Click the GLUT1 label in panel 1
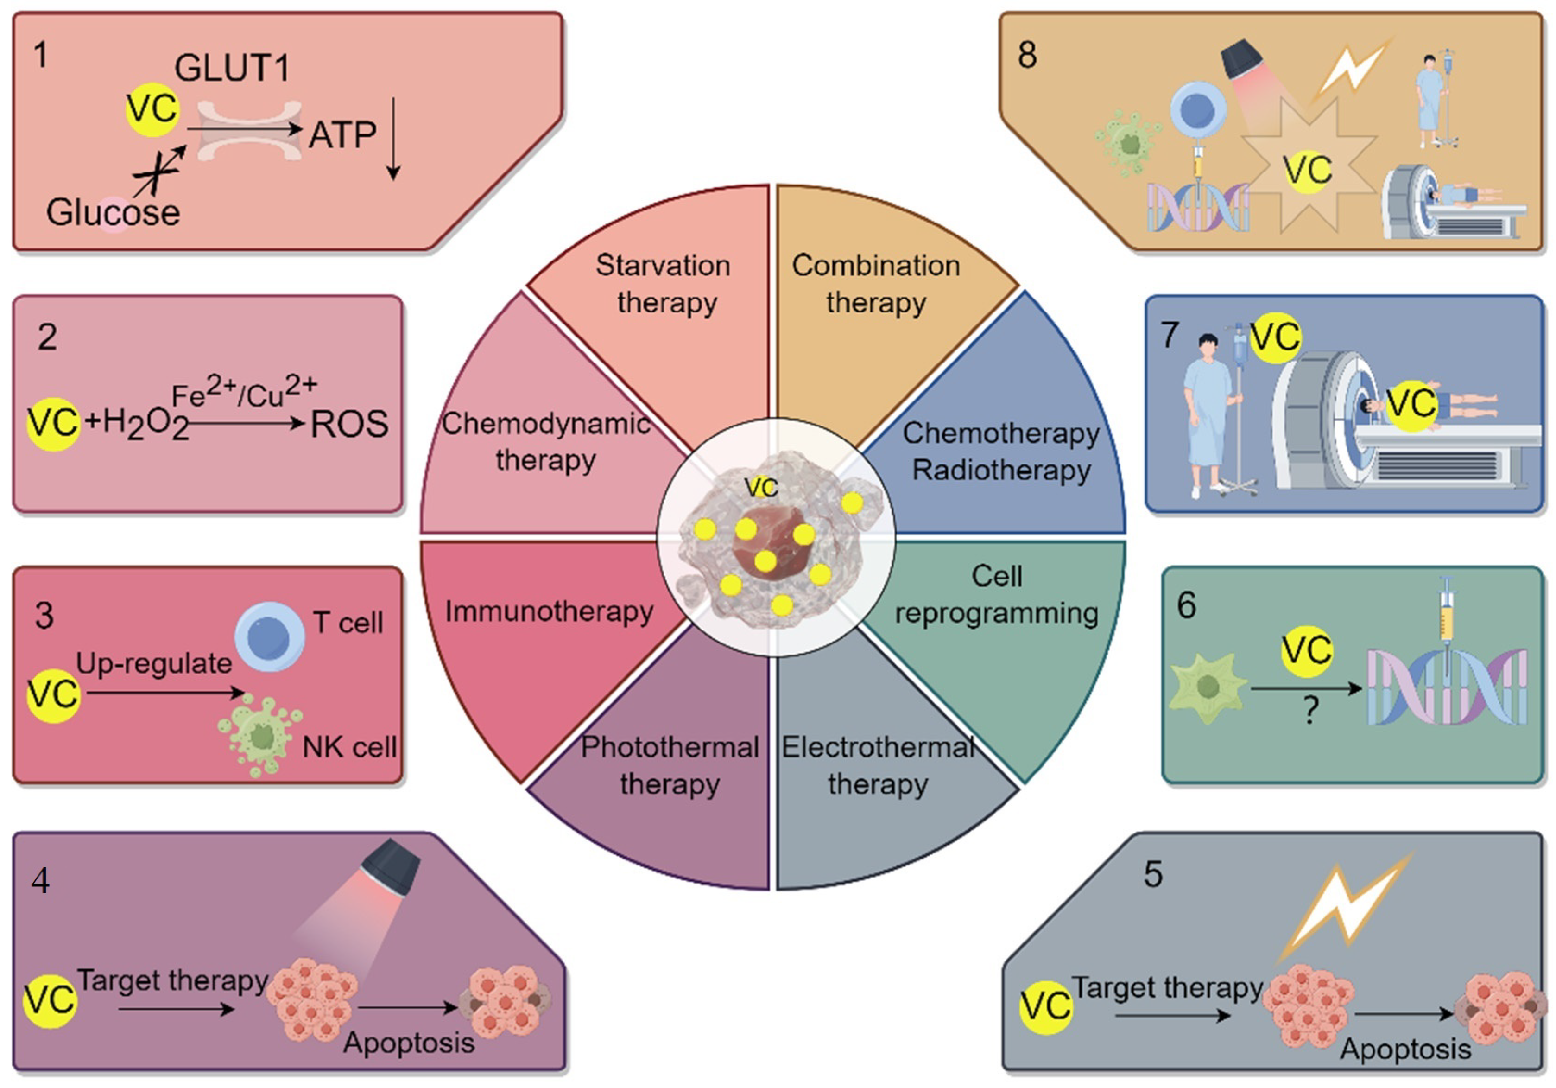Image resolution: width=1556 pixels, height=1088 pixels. [x=232, y=68]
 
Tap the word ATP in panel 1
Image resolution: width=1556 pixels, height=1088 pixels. [x=342, y=135]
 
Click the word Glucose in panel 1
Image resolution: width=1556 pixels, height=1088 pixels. [x=113, y=212]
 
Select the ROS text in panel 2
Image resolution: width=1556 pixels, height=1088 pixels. [x=349, y=424]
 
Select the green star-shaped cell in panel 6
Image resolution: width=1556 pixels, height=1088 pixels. [x=1208, y=688]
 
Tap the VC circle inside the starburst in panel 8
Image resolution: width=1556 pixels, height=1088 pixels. [x=1307, y=170]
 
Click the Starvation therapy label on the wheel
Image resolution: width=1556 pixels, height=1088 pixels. [x=664, y=283]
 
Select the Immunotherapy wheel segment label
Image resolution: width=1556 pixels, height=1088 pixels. [x=549, y=611]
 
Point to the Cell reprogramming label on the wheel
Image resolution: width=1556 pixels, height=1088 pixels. [x=996, y=594]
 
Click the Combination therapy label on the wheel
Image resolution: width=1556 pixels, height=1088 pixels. [x=876, y=283]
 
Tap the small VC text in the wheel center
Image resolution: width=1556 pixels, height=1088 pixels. [x=760, y=487]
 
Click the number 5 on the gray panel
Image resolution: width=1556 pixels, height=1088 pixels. [x=1153, y=874]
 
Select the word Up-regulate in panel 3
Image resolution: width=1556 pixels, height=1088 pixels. [x=154, y=663]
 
